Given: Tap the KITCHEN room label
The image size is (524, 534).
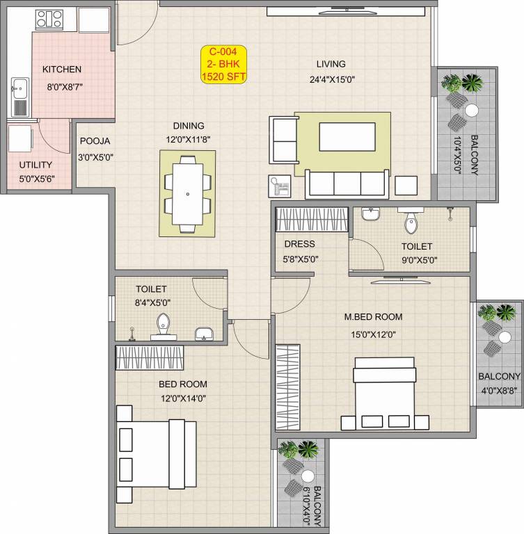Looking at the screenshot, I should (62, 70).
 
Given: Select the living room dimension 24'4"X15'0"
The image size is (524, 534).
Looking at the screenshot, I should (332, 79).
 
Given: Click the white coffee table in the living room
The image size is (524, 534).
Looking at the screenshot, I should (347, 136).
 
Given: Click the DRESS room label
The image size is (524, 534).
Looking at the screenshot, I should (299, 244).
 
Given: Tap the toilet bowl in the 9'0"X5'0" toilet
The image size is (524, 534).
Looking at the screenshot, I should (411, 223).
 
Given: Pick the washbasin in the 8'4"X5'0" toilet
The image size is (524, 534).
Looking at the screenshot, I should (205, 334).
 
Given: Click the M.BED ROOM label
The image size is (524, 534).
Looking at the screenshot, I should (373, 317).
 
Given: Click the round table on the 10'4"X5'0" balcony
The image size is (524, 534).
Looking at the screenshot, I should (472, 110).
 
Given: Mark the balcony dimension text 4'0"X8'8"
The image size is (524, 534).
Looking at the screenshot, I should (498, 390).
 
